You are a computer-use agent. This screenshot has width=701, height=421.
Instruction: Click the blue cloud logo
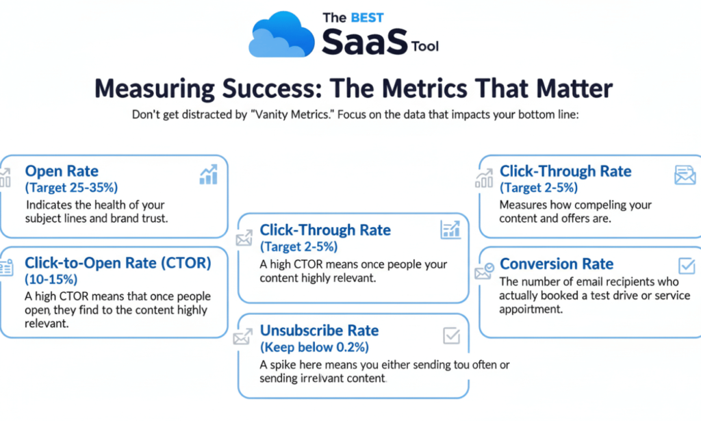281,35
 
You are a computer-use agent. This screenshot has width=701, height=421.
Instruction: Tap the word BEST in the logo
367,18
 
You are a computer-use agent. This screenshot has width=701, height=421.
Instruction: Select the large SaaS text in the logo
364,42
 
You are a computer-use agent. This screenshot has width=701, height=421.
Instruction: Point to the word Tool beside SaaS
425,46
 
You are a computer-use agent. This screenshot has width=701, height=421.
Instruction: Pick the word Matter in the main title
574,88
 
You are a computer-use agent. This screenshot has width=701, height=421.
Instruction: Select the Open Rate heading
62,170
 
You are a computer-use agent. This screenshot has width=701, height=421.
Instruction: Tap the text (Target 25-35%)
71,188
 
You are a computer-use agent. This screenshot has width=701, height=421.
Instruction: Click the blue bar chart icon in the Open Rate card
208,175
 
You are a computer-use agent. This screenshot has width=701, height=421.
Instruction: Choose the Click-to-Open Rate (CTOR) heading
118,263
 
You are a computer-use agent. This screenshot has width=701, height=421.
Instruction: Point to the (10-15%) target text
51,279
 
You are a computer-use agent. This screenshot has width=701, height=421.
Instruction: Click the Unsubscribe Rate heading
319,330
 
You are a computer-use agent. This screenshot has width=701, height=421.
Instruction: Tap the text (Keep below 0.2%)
314,347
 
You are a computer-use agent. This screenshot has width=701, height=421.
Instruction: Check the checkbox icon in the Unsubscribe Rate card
452,335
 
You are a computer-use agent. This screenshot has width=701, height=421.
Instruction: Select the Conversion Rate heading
556,264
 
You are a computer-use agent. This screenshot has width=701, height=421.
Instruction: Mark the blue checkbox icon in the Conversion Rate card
687,266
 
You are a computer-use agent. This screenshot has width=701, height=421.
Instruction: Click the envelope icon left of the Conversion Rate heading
484,271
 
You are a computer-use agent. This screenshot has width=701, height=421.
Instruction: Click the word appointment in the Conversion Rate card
531,309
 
